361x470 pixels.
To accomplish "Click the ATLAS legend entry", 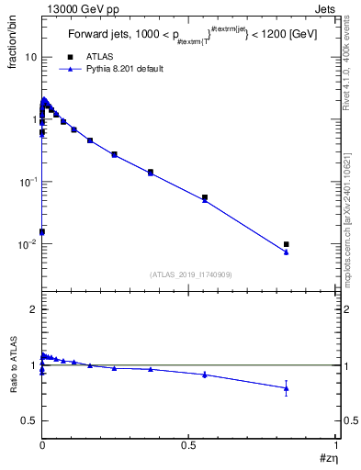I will coord(97,56).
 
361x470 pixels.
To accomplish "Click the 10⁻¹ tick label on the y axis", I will coord(28,182).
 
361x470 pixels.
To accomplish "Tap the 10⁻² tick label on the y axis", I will coord(28,244).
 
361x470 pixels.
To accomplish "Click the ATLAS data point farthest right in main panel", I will coord(287,244).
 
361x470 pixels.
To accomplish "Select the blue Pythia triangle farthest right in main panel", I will coord(287,252).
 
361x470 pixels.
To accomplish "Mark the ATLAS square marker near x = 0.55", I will coord(205,197).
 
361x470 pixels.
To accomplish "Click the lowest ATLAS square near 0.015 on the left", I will coord(42,231).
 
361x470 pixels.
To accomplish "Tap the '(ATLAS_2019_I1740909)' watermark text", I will coord(190,274).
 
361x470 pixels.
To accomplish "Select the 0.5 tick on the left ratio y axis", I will coord(30,420).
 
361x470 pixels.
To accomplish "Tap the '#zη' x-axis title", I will coord(329,458).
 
